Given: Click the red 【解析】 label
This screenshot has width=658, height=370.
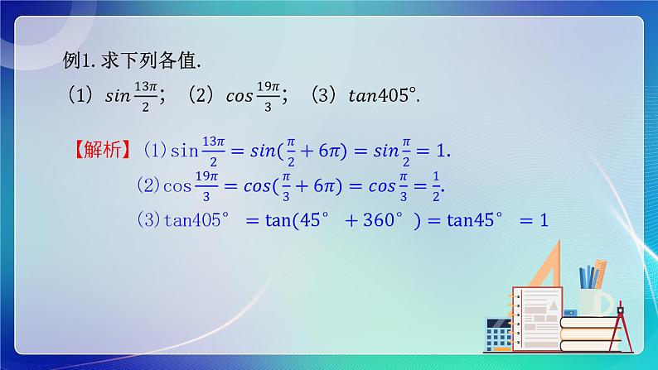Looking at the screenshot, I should [x=101, y=150].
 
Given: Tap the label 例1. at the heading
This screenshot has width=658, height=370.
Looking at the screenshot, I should [x=81, y=60].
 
